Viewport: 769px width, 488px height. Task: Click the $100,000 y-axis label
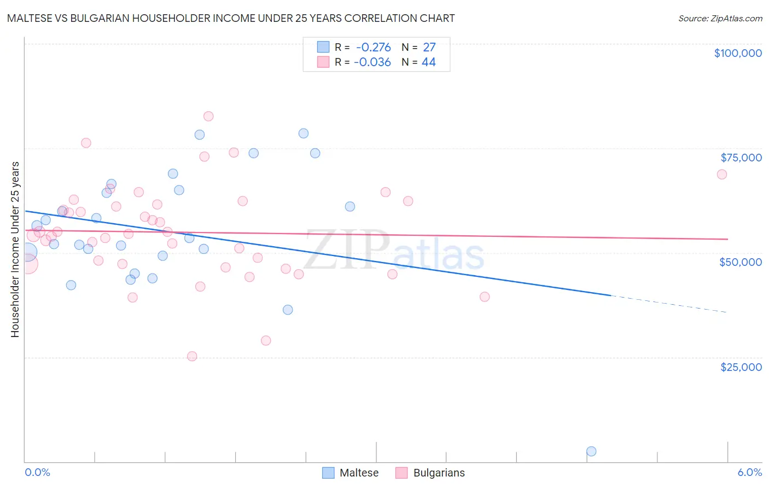[738, 53]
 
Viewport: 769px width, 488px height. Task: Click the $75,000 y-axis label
[741, 158]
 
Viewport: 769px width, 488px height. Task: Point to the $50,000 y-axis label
[741, 262]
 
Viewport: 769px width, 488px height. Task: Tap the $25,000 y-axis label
[741, 367]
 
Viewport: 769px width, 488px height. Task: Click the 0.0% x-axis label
[37, 472]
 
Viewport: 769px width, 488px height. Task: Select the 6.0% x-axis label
[749, 472]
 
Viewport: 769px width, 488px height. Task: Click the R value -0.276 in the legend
[373, 48]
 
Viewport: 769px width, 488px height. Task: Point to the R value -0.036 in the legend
[372, 62]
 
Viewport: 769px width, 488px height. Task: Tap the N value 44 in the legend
[429, 62]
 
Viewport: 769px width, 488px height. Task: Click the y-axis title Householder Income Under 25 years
[15, 249]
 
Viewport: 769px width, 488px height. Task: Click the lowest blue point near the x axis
[591, 451]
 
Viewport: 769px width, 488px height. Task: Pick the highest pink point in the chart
[208, 116]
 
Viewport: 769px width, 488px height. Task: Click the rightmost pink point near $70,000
[722, 175]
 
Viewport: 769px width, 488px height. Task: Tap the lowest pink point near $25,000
[192, 356]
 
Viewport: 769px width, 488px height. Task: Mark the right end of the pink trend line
[727, 239]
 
